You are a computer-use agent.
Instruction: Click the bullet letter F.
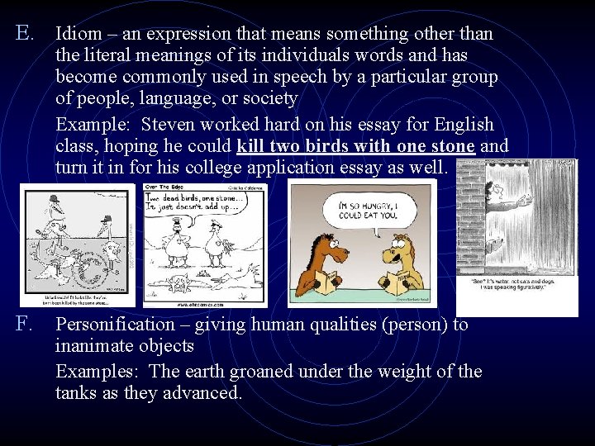[x=23, y=325]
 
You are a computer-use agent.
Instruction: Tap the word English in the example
[x=463, y=125]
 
